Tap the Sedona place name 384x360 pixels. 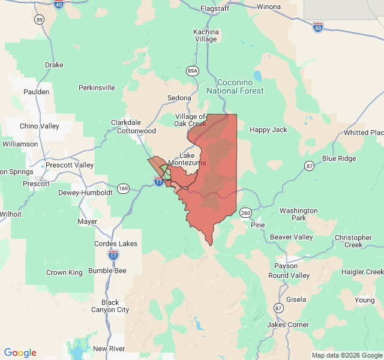(179, 98)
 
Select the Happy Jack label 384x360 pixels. (268, 130)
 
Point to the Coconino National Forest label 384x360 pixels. (235, 86)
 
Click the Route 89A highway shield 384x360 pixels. (192, 71)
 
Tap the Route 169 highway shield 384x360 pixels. (123, 188)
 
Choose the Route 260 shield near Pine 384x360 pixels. (245, 213)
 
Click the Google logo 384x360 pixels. (20, 353)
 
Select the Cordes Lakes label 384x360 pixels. (116, 244)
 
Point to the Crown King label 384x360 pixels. (64, 272)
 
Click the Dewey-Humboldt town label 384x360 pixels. (85, 193)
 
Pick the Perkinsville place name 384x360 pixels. (97, 88)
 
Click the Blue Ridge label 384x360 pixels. (339, 158)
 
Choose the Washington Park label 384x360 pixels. (298, 214)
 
